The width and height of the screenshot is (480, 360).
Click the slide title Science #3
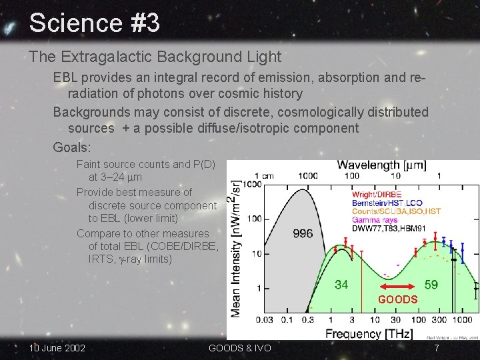pyautogui.click(x=94, y=23)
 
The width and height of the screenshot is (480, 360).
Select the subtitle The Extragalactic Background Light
pyautogui.click(x=155, y=57)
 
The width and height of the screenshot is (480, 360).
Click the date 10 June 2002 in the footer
pyautogui.click(x=57, y=348)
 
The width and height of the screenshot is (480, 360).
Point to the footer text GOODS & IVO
pyautogui.click(x=239, y=348)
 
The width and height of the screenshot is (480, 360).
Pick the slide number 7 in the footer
pyautogui.click(x=437, y=348)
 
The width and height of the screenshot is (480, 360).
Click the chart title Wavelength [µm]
pyautogui.click(x=381, y=165)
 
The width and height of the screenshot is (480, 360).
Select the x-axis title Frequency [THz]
pyautogui.click(x=369, y=333)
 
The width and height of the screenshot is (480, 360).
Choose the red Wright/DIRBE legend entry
pyautogui.click(x=377, y=195)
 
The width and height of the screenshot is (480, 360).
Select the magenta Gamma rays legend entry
pyautogui.click(x=375, y=219)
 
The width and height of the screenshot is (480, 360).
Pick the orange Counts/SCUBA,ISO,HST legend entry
pyautogui.click(x=396, y=211)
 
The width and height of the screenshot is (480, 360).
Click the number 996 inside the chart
pyautogui.click(x=303, y=234)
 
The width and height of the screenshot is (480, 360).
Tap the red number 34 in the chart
pyautogui.click(x=341, y=285)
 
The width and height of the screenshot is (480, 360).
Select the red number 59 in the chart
pyautogui.click(x=431, y=285)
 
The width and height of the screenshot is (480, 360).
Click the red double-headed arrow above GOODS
pyautogui.click(x=397, y=287)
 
